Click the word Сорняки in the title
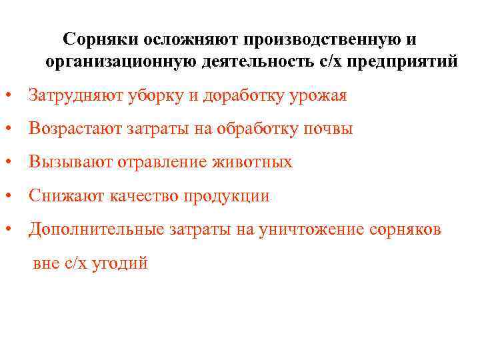(99, 41)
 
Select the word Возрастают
(73, 129)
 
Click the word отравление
(156, 162)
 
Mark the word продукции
(229, 196)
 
